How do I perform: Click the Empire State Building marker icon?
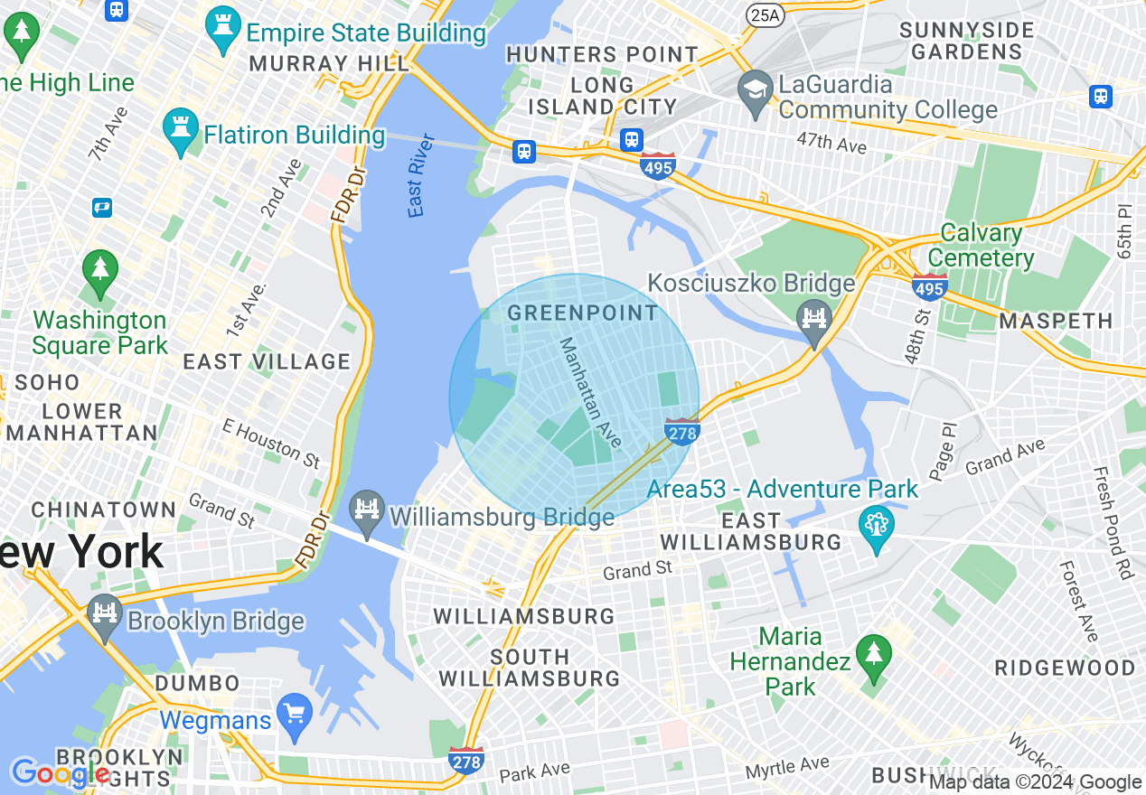point(221,31)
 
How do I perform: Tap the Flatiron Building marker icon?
point(179,132)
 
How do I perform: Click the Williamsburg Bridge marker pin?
point(367,513)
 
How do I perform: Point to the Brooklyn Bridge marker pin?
point(106,617)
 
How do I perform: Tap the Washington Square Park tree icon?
point(99,273)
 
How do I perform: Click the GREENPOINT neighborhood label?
point(583,313)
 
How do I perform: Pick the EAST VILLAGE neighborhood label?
point(267,362)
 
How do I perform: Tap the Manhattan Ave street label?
point(590,392)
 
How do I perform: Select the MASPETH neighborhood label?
point(1056,321)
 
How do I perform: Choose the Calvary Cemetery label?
point(982,246)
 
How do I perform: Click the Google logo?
point(60,774)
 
